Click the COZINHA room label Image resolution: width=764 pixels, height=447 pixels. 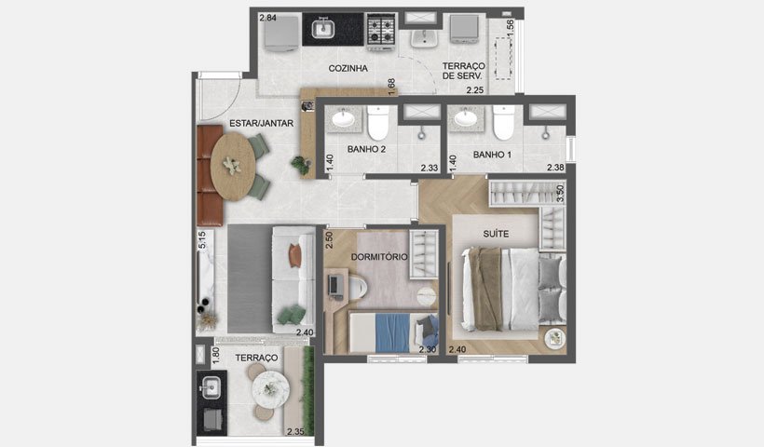coord(348,68)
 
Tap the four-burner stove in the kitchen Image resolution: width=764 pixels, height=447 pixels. coord(380,32)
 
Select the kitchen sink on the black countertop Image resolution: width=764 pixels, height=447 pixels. coord(322,29)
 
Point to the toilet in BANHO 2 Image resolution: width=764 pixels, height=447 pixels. coord(378,122)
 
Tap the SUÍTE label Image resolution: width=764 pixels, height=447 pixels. coord(496,234)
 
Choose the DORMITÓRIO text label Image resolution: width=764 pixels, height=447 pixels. coord(379,257)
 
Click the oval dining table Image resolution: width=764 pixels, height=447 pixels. coord(232,166)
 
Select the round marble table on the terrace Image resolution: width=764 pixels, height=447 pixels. coord(270,389)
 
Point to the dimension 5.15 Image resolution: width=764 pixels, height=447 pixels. coord(202,240)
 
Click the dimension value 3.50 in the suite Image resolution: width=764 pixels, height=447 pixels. coord(560,194)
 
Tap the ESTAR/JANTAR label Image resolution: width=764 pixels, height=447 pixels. coord(261,124)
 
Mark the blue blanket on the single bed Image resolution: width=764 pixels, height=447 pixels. coord(393,333)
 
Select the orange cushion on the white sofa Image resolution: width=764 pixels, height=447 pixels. coord(295,256)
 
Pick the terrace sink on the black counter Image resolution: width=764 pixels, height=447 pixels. coord(211,387)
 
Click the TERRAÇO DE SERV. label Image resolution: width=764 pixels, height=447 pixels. coord(463,71)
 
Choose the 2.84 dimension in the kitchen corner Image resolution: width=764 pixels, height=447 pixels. coord(267,18)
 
